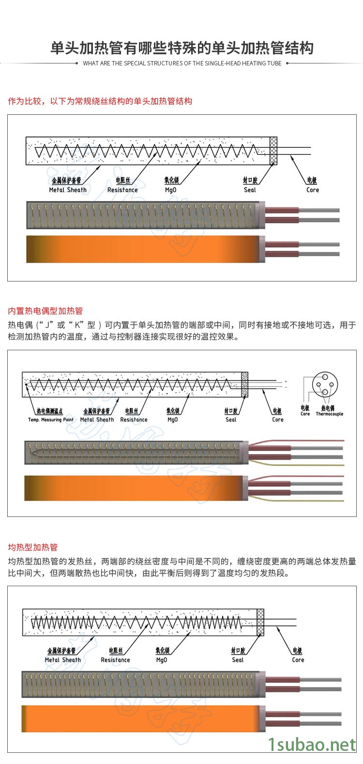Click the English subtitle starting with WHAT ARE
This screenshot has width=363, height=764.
coord(182,63)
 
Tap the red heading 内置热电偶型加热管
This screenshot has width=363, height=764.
coord(45,311)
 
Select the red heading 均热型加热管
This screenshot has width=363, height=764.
coord(32,547)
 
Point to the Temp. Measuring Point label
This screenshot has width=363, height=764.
coord(51,420)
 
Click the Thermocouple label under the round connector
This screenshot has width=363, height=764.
coord(329,414)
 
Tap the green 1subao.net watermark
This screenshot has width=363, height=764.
coord(312,745)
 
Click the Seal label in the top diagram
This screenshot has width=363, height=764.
coord(250,190)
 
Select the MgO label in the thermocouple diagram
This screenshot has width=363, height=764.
coord(172,420)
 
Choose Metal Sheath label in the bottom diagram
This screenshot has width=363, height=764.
coord(63,659)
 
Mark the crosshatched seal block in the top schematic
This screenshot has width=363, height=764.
coord(273,151)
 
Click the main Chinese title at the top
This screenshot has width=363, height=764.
coord(182,48)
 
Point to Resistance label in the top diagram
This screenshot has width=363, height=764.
coord(122,190)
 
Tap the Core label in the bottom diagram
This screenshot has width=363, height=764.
coord(298,659)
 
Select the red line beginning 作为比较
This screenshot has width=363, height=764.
coord(100,101)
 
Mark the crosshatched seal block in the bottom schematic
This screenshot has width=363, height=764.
coord(260,622)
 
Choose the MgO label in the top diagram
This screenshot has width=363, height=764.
coord(171,190)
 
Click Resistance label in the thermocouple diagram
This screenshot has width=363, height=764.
coord(134,420)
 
